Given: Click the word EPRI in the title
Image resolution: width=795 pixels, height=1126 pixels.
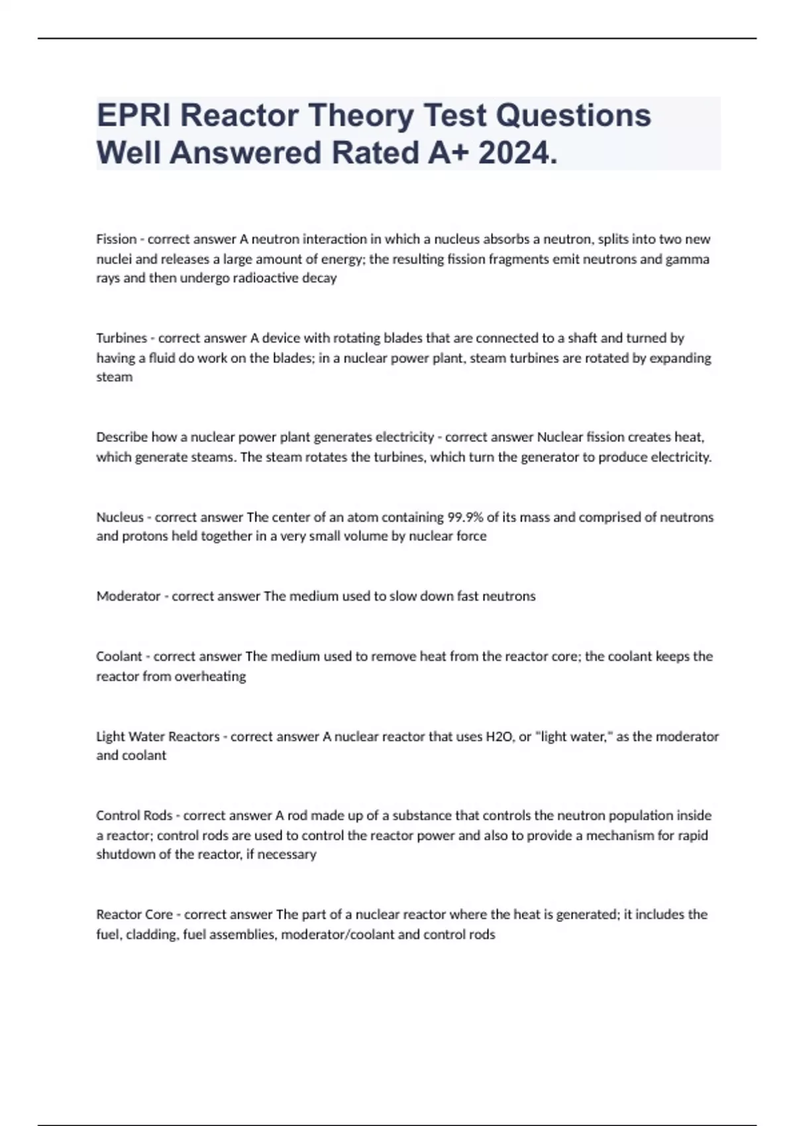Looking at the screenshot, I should pyautogui.click(x=133, y=115).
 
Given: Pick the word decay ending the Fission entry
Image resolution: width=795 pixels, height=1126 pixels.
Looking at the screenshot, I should pyautogui.click(x=319, y=278).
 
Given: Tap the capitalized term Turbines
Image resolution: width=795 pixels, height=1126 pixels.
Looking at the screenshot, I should pyautogui.click(x=121, y=338).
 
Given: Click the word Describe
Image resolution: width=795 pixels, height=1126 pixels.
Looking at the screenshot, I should pyautogui.click(x=122, y=437).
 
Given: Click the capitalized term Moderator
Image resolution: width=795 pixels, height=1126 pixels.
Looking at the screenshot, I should pyautogui.click(x=129, y=596).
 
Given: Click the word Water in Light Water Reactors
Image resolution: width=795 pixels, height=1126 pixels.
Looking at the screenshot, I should pyautogui.click(x=146, y=737).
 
